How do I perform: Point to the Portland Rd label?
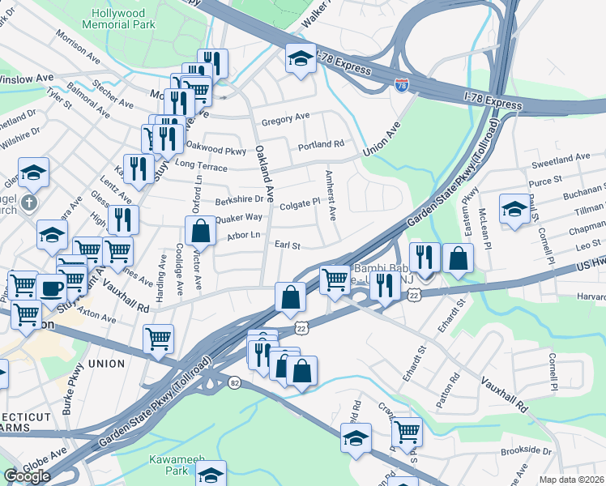coord(321,145)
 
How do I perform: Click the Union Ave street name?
coord(382,139)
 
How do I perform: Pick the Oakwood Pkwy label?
coord(216,150)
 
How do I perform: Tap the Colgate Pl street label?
coord(300,206)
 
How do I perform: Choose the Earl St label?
coord(288,245)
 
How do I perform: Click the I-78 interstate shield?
coord(402,84)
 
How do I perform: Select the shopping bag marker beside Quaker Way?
coord(200,230)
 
